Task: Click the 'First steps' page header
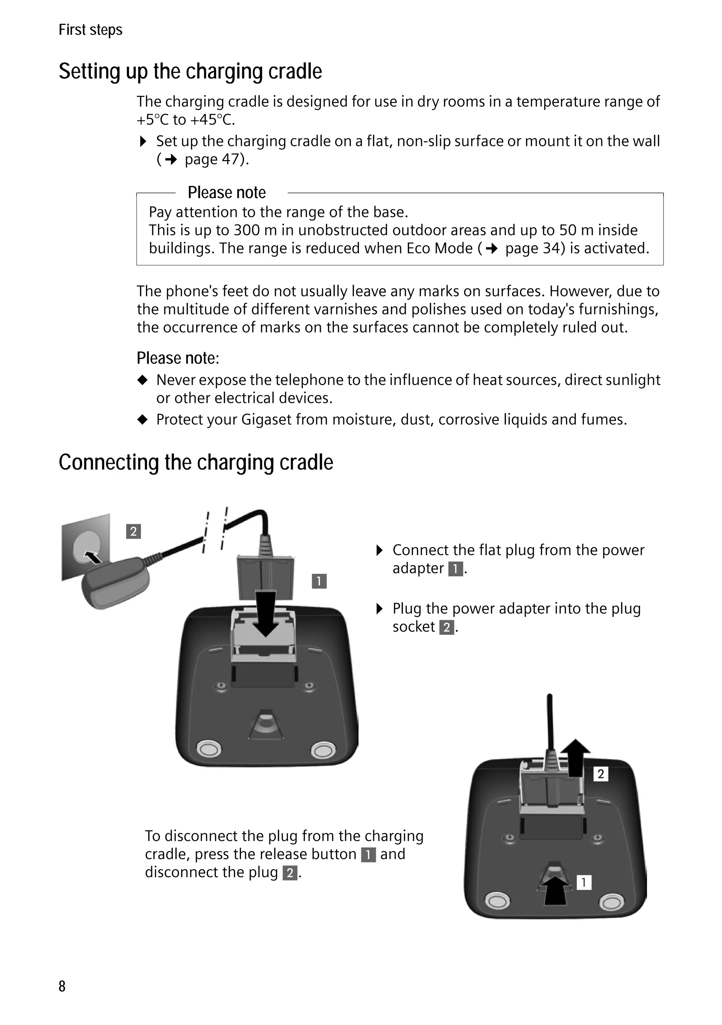click(x=90, y=30)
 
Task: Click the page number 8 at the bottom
click(x=62, y=986)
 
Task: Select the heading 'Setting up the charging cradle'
click(x=190, y=72)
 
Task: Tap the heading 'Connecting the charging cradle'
click(x=196, y=462)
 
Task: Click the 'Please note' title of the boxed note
click(x=226, y=192)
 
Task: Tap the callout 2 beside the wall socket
click(x=133, y=531)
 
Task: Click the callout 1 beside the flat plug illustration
click(x=319, y=581)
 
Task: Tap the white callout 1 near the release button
click(x=583, y=882)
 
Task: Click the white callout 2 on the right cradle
click(x=601, y=774)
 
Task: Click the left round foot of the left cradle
click(x=208, y=749)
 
